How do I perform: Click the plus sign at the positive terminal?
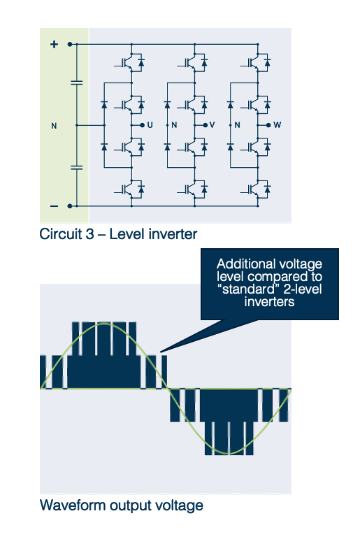[x=54, y=44]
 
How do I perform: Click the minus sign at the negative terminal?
[x=54, y=206]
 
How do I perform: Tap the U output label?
[x=150, y=125]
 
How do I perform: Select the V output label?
[x=212, y=125]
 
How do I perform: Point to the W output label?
[x=277, y=125]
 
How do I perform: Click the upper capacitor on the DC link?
[x=77, y=82]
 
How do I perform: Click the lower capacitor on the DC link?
[x=77, y=167]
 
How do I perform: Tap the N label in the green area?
[x=54, y=126]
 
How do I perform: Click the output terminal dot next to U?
[x=143, y=125]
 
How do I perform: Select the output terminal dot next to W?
[x=268, y=125]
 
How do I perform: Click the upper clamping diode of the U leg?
[x=104, y=104]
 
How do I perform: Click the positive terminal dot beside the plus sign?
[x=70, y=44]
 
